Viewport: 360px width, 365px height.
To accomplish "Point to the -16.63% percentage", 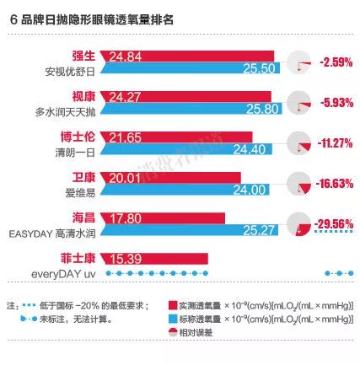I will pyautogui.click(x=331, y=184).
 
